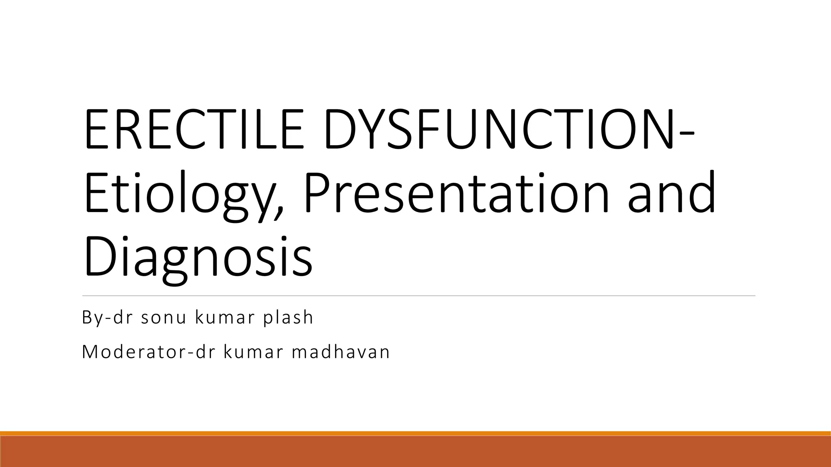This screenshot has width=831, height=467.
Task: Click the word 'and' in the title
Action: [672, 193]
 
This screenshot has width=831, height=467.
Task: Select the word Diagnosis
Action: [198, 257]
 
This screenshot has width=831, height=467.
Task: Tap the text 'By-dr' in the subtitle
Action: [107, 317]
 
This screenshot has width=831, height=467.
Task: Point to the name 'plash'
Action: [288, 317]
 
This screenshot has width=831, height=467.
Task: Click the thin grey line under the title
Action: [418, 296]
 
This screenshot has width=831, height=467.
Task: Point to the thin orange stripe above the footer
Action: [415, 433]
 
